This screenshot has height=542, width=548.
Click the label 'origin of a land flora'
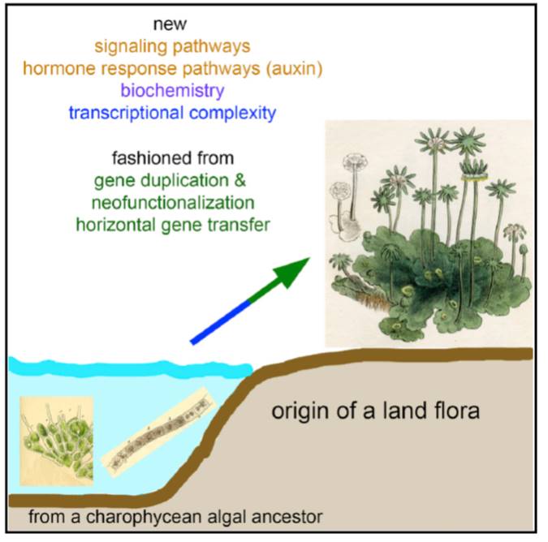tap(375, 411)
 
